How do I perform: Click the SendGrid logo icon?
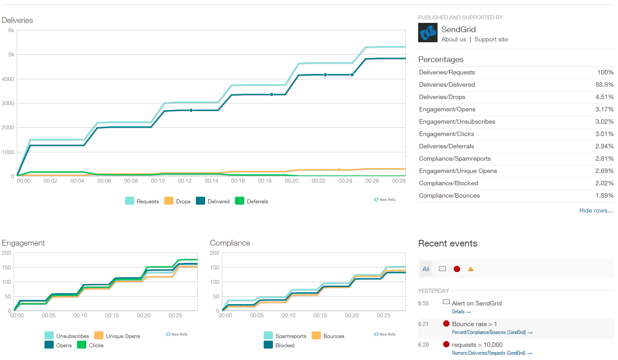coord(427,33)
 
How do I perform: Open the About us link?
coord(453,39)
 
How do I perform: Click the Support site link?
coord(491,39)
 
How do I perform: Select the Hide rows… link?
coord(596,210)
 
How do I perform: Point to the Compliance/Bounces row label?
coord(449,195)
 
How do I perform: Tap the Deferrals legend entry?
coord(252,201)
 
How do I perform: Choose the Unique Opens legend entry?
coord(118,336)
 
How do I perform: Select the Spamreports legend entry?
coord(285,336)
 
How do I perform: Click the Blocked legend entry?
coord(280,345)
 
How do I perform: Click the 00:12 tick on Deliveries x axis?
coord(185,180)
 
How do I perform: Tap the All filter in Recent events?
coord(426,269)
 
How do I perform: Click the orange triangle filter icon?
coord(471,269)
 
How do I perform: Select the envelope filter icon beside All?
coord(442,269)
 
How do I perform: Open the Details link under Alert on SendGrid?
coord(461,312)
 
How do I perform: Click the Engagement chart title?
coord(23,243)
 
